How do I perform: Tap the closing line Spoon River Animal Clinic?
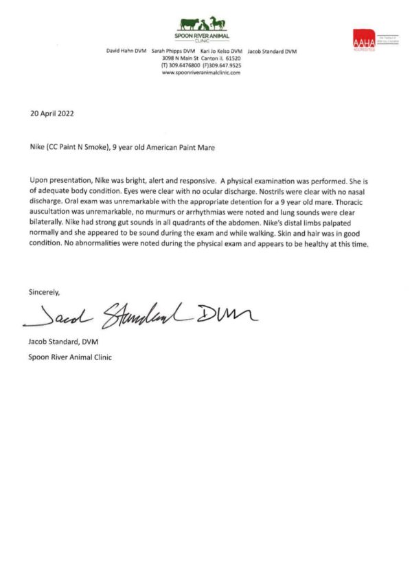point(70,357)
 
